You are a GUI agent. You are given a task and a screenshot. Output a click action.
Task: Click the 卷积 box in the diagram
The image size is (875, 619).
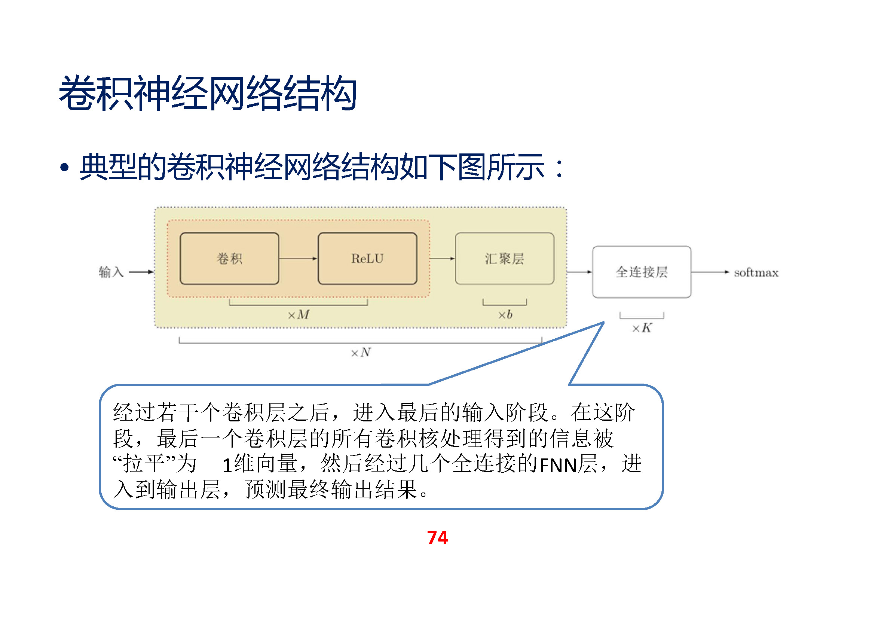pos(229,259)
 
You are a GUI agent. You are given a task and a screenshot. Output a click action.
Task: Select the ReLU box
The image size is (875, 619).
pos(367,259)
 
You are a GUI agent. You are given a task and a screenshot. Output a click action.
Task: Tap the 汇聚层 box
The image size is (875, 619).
pos(504,259)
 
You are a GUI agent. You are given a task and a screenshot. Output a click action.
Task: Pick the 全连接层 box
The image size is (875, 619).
pos(642,272)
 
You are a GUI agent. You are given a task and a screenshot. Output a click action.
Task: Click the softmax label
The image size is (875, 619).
pos(756,272)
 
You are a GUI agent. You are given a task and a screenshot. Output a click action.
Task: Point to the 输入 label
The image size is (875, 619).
pos(111,272)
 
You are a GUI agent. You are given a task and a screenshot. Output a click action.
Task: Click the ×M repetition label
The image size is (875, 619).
pos(299,314)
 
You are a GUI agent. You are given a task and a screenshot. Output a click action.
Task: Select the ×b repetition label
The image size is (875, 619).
pos(505,314)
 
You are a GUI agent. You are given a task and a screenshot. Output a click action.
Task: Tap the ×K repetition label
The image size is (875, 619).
pos(642,328)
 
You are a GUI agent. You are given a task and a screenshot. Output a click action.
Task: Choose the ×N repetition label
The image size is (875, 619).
pos(361,353)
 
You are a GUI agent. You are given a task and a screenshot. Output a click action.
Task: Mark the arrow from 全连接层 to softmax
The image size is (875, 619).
pos(710,272)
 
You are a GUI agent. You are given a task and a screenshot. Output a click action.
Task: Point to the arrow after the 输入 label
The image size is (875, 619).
pos(141,272)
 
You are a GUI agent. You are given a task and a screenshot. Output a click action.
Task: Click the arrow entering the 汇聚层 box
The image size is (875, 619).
pos(442,259)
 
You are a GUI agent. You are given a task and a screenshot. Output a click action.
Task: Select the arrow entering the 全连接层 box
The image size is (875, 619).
pos(579,272)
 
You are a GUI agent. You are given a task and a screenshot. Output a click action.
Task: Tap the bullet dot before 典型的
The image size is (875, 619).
pos(64,167)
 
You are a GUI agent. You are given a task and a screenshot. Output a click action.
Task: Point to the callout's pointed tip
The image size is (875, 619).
pos(603,323)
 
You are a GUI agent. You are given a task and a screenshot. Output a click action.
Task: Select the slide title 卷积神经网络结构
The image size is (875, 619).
pos(208,94)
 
